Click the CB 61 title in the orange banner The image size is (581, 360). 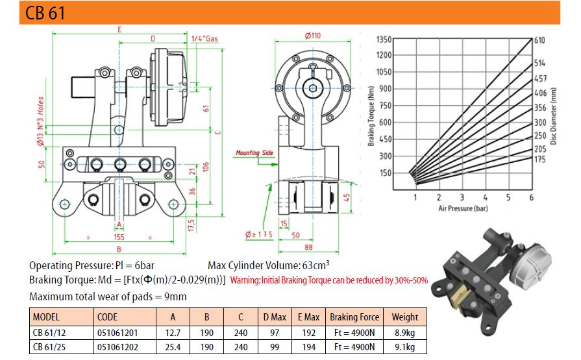[x=45, y=13]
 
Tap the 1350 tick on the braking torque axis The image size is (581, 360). [x=384, y=40]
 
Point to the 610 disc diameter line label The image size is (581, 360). [x=539, y=40]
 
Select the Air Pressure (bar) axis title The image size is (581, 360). [x=463, y=208]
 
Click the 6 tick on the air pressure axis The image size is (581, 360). [x=532, y=197]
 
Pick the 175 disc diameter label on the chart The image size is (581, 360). [x=540, y=160]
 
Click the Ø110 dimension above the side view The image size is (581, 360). [x=313, y=36]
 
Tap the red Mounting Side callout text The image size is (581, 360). [x=254, y=152]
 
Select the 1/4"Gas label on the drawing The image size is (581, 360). [x=204, y=38]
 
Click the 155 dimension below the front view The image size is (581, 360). [x=119, y=237]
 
